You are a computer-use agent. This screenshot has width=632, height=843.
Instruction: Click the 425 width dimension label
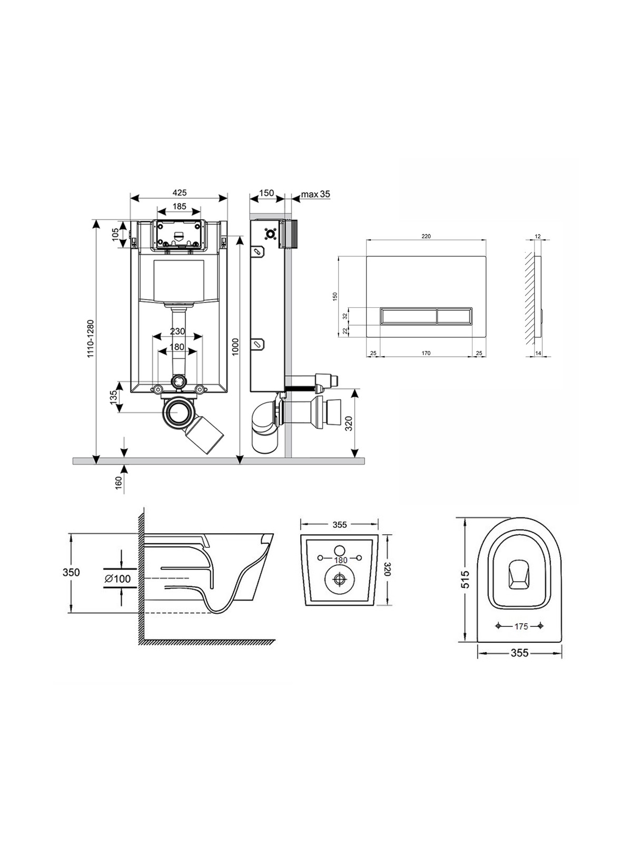coord(179,193)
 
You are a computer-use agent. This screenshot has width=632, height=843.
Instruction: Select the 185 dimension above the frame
coord(179,207)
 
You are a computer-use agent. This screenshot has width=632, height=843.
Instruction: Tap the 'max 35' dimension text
coord(315,194)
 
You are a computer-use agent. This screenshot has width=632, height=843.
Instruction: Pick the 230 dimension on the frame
coord(177,331)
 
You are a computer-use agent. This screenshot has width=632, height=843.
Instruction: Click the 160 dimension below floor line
coord(118,481)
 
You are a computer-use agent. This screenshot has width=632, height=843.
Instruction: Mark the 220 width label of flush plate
coord(426,237)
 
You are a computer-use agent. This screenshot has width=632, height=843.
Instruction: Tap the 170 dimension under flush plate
coord(426,353)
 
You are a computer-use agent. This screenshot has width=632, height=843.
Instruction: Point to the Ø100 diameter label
coord(117,579)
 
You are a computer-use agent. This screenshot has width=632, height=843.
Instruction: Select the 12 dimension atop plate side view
coord(537,237)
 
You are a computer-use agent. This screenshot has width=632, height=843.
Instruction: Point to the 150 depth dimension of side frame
coord(266,193)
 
